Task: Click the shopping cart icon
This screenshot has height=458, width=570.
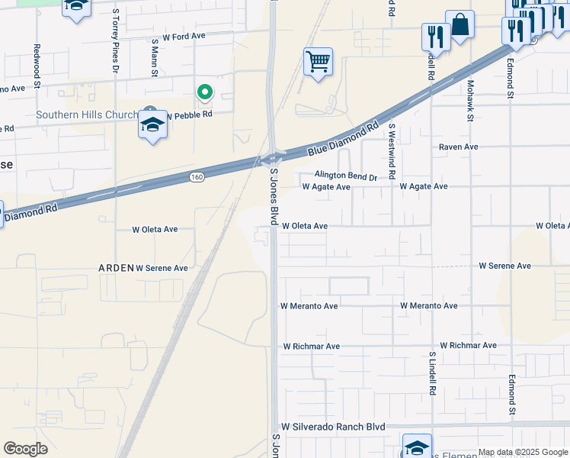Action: click(x=318, y=61)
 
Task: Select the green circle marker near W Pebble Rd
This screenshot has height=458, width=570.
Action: click(x=204, y=92)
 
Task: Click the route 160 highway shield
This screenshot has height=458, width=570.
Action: click(x=197, y=177)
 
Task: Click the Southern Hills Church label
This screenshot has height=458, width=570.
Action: click(x=88, y=115)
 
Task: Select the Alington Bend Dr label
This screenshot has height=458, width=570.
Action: click(x=346, y=176)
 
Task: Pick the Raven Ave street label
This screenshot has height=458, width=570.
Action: click(x=458, y=147)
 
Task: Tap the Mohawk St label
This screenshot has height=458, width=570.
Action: click(x=470, y=101)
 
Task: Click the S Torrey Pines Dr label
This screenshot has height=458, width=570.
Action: click(x=116, y=41)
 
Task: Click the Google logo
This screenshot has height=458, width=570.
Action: click(x=25, y=449)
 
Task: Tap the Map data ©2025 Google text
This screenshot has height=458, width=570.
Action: click(x=524, y=452)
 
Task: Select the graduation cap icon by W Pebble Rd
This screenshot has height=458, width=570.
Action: click(x=152, y=125)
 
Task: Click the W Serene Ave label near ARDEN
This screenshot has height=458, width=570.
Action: click(x=162, y=269)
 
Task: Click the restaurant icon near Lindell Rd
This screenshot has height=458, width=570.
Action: click(x=436, y=36)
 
